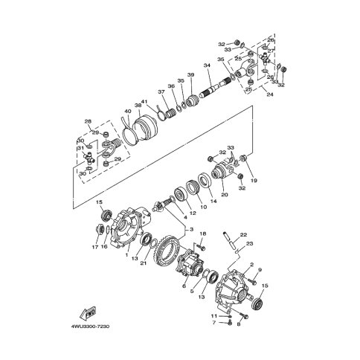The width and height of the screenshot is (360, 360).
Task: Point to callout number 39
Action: (x=190, y=76)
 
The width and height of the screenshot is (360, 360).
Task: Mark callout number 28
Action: (x=87, y=121)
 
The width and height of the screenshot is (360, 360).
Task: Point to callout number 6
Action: (x=184, y=285)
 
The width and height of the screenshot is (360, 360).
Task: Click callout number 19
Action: (x=253, y=181)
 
